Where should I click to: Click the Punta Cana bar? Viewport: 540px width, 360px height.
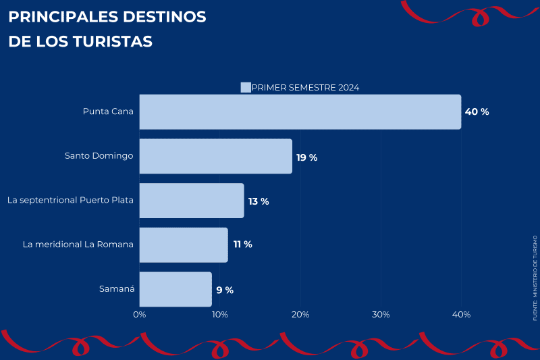point(300,111)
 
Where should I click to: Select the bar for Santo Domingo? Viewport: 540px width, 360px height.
point(215,156)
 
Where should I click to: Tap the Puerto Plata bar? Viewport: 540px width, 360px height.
point(191,201)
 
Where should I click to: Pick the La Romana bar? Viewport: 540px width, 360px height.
point(183,245)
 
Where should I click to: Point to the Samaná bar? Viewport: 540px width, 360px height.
point(175,289)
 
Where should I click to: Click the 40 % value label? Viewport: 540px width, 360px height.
point(477,111)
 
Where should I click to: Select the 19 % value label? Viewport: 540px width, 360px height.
point(306,157)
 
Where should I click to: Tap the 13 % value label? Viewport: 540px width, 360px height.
point(259,201)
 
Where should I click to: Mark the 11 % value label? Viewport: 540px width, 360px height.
point(242,245)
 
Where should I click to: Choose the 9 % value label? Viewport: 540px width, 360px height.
point(225,290)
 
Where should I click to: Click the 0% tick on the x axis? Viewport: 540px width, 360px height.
point(140,315)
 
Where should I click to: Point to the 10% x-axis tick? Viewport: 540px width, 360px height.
point(220,315)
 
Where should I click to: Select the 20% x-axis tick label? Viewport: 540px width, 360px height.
point(300,315)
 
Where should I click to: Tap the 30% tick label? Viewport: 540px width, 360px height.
point(381,315)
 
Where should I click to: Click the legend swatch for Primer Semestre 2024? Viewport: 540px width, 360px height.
point(246,87)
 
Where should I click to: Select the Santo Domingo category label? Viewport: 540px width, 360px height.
point(99,155)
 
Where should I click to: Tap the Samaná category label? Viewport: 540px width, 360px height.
point(117,289)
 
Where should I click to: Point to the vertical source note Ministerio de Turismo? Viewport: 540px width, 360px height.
point(535,278)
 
